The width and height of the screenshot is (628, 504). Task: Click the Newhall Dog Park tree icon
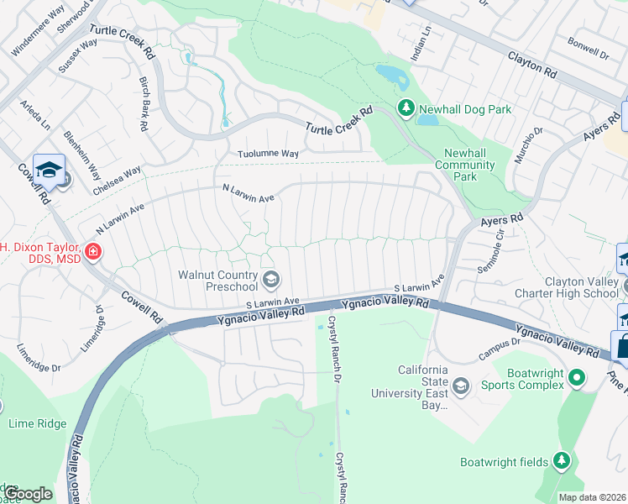click(x=406, y=108)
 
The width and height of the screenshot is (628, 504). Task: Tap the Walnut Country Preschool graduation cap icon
click(x=270, y=279)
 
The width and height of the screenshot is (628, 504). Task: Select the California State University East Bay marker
click(x=460, y=386)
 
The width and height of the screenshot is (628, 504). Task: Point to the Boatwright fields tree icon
click(x=562, y=460)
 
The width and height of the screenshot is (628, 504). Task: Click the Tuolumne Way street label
click(x=268, y=154)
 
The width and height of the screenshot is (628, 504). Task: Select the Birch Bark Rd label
click(x=144, y=105)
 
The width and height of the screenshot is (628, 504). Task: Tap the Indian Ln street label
click(x=426, y=38)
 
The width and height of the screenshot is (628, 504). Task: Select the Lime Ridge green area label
click(x=37, y=423)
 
